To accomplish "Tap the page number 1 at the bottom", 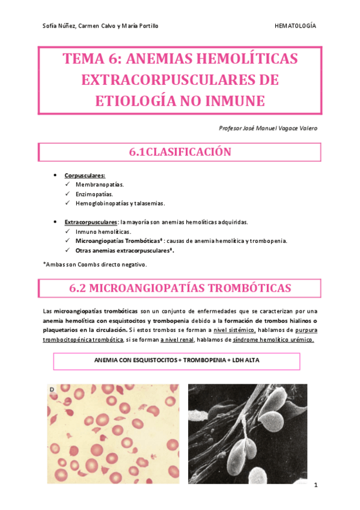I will [x=315, y=485].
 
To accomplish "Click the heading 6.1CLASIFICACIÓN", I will [x=180, y=153].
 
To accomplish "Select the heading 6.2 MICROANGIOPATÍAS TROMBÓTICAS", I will [x=180, y=288].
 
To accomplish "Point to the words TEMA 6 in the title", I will [x=91, y=60].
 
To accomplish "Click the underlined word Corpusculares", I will [x=85, y=175].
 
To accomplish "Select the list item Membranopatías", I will [x=100, y=185].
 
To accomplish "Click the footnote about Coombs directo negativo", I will [x=95, y=264].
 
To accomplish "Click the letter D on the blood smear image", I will [x=52, y=390].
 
